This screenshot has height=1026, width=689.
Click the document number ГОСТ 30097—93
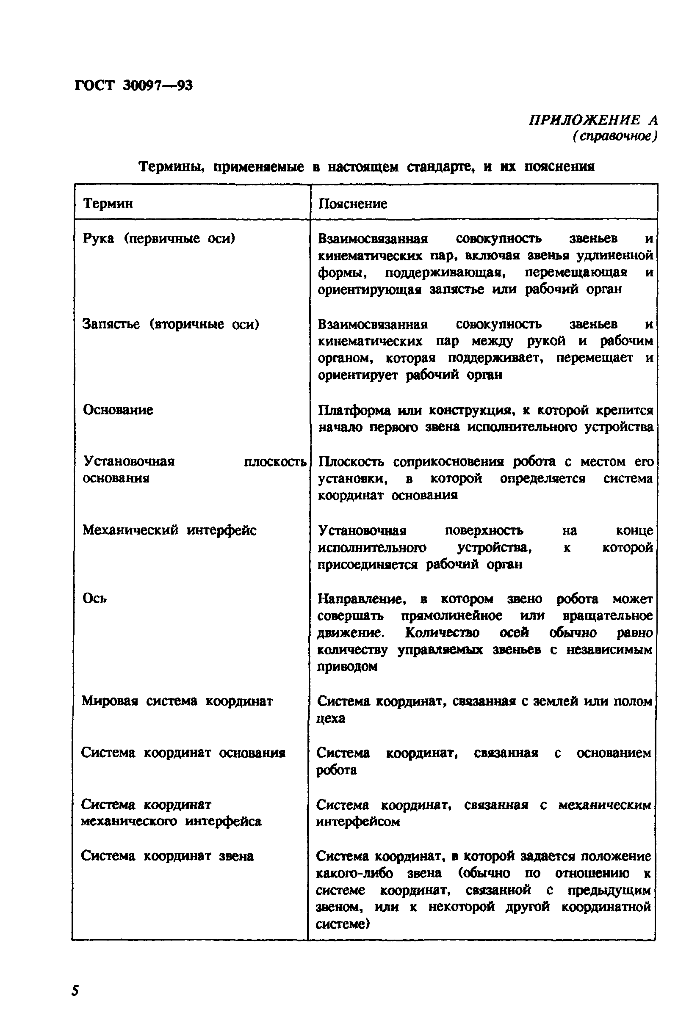pyautogui.click(x=133, y=85)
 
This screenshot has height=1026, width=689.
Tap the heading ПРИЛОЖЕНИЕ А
pyautogui.click(x=593, y=119)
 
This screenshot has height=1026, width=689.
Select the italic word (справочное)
pyautogui.click(x=615, y=137)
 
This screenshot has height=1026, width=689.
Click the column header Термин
pyautogui.click(x=108, y=203)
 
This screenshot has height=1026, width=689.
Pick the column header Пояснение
pyautogui.click(x=353, y=203)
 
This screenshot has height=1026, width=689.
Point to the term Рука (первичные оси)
pyautogui.click(x=159, y=238)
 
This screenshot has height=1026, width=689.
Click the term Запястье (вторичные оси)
pyautogui.click(x=171, y=324)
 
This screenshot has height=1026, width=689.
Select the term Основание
pyautogui.click(x=118, y=410)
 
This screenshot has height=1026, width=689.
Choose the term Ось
pyautogui.click(x=94, y=598)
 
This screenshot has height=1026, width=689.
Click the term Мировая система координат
pyautogui.click(x=177, y=701)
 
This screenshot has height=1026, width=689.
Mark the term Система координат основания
pyautogui.click(x=183, y=753)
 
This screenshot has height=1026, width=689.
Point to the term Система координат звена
pyautogui.click(x=167, y=855)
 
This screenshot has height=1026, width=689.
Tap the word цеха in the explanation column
pyautogui.click(x=330, y=718)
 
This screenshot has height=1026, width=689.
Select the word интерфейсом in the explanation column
pyautogui.click(x=358, y=821)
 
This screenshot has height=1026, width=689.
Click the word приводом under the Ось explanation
pyautogui.click(x=347, y=667)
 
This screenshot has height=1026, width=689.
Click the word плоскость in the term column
pyautogui.click(x=275, y=462)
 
